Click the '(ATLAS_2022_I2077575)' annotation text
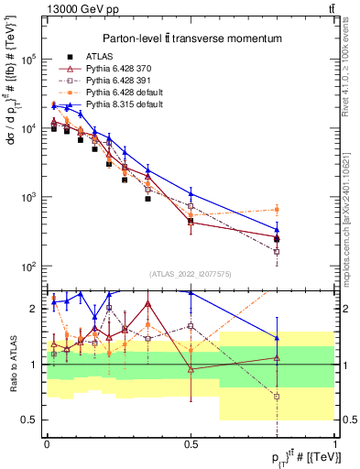coord(191,274)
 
